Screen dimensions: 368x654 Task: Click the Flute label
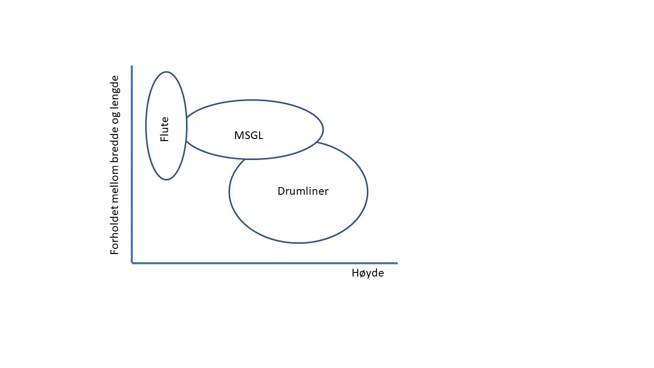pyautogui.click(x=165, y=129)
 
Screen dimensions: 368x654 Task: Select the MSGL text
pyautogui.click(x=248, y=135)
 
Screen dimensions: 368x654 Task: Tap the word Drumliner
pyautogui.click(x=303, y=191)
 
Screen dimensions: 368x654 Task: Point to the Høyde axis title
pyautogui.click(x=367, y=273)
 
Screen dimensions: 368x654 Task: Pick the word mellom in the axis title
pyautogui.click(x=115, y=187)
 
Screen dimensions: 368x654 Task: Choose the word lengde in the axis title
pyautogui.click(x=115, y=95)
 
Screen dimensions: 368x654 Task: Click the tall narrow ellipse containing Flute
pyautogui.click(x=166, y=92)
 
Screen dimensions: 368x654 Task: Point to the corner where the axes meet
pyautogui.click(x=132, y=263)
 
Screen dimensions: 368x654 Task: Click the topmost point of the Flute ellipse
pyautogui.click(x=166, y=72)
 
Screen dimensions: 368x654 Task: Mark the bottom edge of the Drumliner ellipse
pyautogui.click(x=298, y=243)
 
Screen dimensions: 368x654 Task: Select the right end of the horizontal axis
pyautogui.click(x=396, y=263)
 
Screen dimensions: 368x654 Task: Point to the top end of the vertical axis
pyautogui.click(x=132, y=66)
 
